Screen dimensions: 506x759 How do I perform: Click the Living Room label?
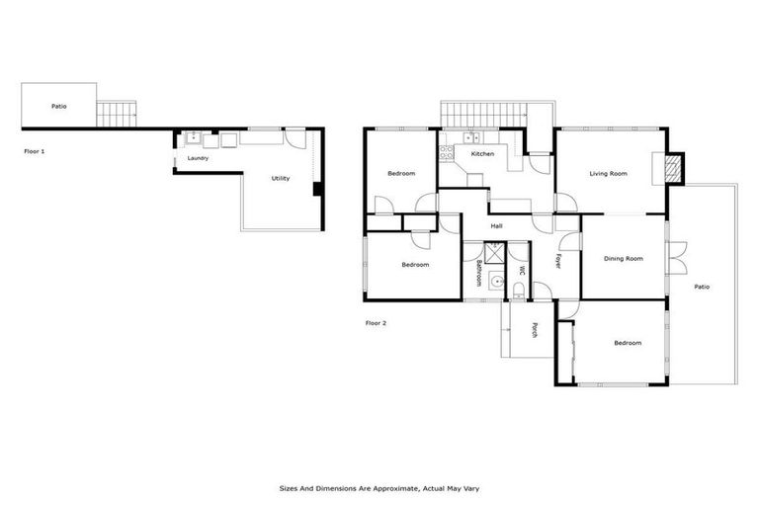tap(608, 174)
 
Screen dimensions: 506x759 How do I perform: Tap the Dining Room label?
tap(624, 259)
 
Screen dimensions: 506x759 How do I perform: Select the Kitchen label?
tap(482, 154)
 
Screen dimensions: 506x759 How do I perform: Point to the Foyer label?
tap(558, 262)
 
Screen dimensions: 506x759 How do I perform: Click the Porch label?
tap(535, 330)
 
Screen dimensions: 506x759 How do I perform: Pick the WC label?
tap(521, 269)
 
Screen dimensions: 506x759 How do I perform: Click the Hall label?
tap(496, 226)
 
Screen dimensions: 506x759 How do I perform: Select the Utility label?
tap(281, 178)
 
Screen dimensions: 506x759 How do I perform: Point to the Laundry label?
tap(198, 158)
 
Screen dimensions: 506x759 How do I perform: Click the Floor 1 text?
tap(35, 151)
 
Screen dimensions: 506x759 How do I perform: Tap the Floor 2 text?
tap(377, 323)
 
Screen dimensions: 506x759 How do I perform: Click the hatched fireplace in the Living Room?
tap(673, 169)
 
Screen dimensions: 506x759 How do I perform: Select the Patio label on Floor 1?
tap(59, 106)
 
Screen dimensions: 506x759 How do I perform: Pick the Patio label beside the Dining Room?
tap(702, 287)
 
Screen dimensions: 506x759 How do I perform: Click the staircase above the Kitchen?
tap(483, 115)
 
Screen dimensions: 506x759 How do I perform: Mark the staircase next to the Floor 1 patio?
tap(118, 114)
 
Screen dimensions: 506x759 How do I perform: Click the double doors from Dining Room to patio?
tap(676, 258)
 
